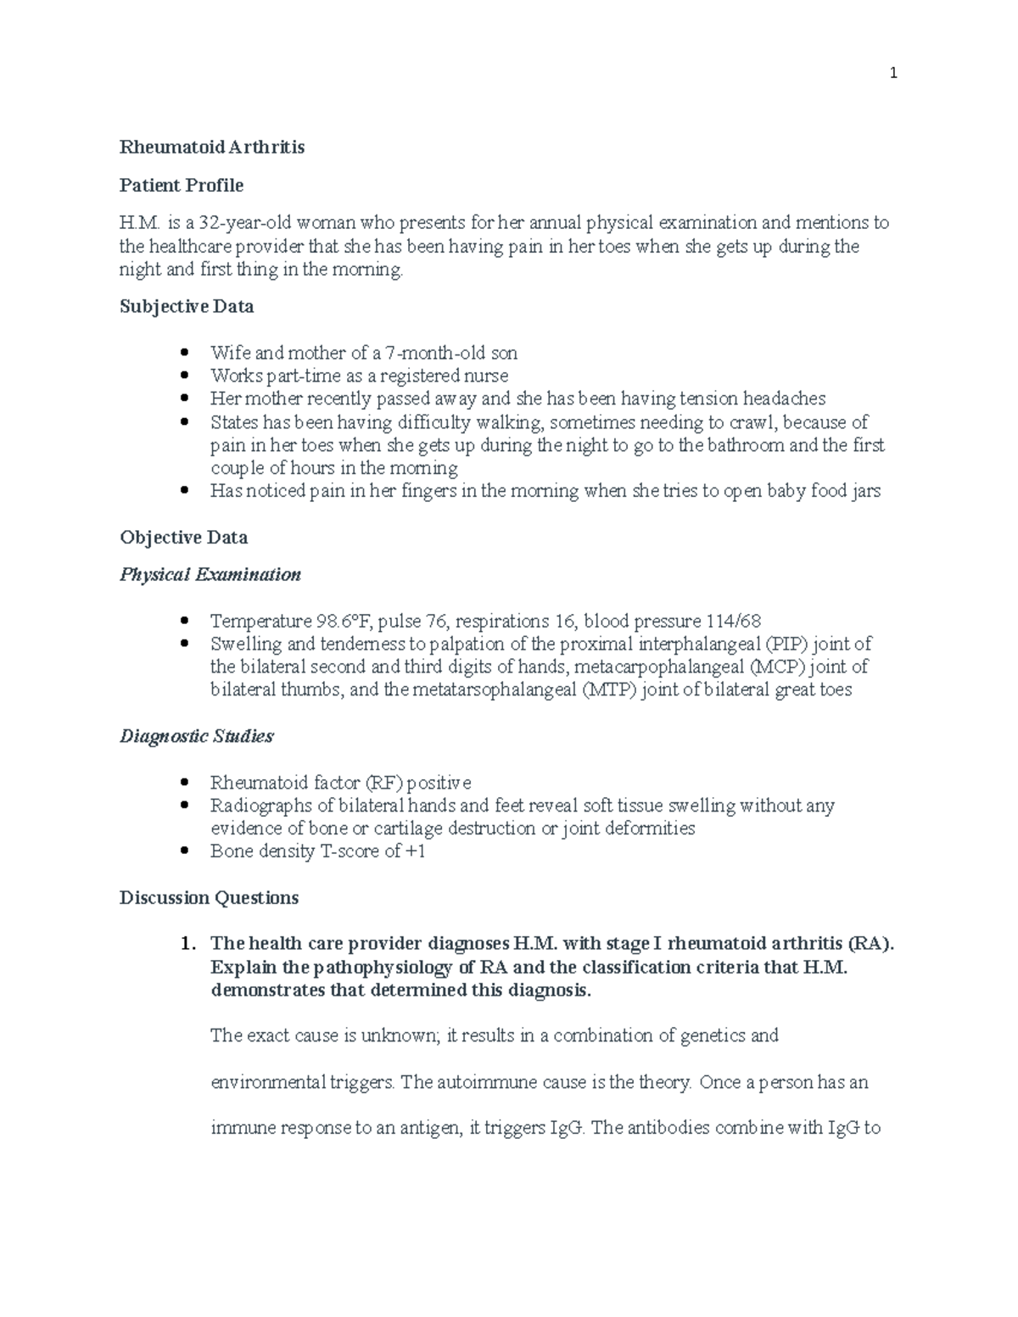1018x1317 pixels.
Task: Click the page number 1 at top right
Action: [x=892, y=74]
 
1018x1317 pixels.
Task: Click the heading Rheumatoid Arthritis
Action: [x=212, y=148]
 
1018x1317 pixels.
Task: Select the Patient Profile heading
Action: [x=182, y=185]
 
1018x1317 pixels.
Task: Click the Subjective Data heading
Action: [x=187, y=306]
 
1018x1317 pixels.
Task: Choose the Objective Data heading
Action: [x=184, y=538]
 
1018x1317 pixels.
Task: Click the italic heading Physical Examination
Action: [x=210, y=575]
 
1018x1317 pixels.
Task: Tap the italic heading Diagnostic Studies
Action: [x=197, y=736]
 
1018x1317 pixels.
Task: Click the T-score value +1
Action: [x=415, y=851]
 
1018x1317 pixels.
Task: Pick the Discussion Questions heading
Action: [x=209, y=897]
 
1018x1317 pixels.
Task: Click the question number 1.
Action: [x=188, y=944]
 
